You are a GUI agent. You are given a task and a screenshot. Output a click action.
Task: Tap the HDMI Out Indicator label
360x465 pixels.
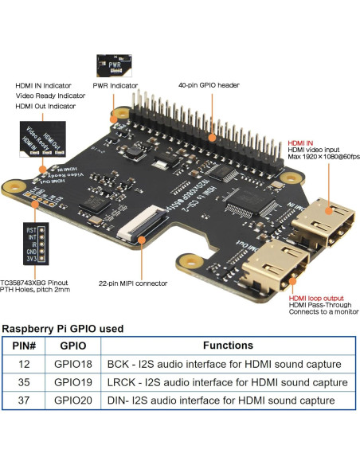(x=45, y=106)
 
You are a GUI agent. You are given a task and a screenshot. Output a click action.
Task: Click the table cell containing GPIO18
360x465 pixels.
(x=72, y=364)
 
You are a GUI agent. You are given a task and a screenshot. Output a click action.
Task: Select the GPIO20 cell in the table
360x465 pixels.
(x=72, y=400)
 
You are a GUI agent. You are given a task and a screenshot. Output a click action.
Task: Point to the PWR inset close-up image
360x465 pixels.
(x=112, y=66)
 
